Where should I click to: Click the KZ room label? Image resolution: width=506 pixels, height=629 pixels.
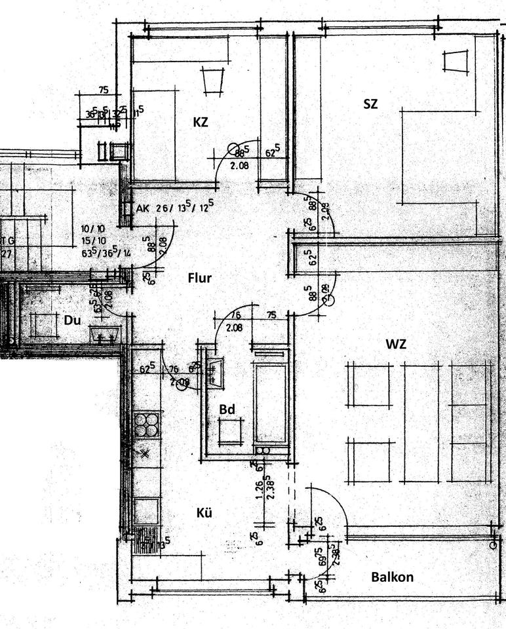pos(201,121)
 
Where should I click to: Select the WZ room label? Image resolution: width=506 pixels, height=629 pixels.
pos(397,343)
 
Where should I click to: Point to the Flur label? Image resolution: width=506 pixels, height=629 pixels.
pos(199,278)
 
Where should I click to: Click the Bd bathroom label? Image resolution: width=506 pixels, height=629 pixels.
pos(227,409)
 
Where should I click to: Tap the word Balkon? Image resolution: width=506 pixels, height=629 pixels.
pos(392,577)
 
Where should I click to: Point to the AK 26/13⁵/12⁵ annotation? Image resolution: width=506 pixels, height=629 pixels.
pos(176,209)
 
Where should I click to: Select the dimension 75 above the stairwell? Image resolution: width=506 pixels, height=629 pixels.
pos(103,90)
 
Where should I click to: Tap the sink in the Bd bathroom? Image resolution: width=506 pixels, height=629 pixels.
pos(214,371)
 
